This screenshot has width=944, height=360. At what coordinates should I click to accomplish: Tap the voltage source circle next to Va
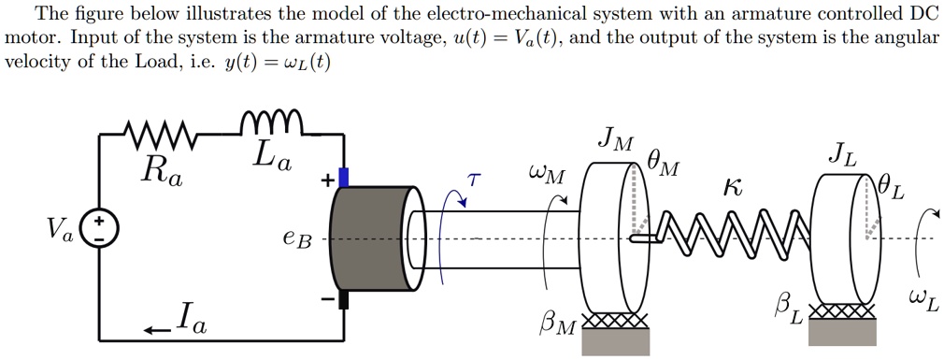click(x=98, y=230)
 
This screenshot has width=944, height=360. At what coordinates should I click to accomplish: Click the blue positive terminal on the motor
click(x=344, y=177)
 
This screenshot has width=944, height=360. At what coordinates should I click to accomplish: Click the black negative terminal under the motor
click(x=344, y=298)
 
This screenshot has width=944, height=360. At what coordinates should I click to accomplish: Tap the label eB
click(x=296, y=240)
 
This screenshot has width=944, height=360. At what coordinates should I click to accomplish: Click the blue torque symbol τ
click(x=474, y=179)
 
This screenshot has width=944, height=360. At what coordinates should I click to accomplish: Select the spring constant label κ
click(x=735, y=187)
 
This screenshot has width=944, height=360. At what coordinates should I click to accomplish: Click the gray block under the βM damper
click(x=614, y=342)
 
